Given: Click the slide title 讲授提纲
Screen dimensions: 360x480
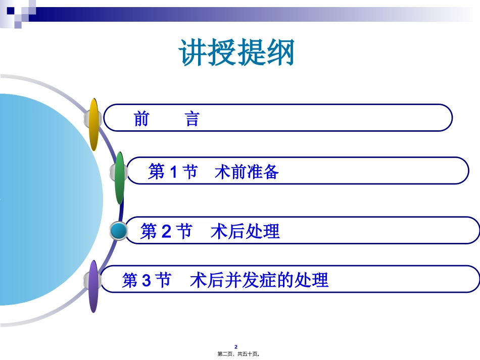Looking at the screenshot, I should point(236,53).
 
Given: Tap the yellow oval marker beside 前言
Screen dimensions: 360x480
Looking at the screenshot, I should point(93,124).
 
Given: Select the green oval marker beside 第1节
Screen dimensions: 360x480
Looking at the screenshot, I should point(120,178).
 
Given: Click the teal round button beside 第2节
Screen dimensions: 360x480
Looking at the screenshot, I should point(119,231).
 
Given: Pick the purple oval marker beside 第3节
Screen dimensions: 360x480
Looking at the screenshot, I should point(93,286).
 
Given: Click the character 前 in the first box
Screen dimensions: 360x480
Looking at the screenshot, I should point(141,120).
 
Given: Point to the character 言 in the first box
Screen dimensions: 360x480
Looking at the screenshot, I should point(192,120).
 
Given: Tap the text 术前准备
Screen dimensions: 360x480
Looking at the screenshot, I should point(247,172).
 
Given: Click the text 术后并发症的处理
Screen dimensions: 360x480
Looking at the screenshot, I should point(259,280).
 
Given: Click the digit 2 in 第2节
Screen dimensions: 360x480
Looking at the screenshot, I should point(167,232).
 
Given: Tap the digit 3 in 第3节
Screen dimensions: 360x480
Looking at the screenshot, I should point(147,280).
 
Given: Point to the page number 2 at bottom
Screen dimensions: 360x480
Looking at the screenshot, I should point(242,347).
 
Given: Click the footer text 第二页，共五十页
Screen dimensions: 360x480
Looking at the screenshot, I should point(242,354).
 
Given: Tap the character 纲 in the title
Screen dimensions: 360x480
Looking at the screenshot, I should point(280,53).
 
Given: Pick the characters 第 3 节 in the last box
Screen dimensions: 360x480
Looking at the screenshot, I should point(147,280).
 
